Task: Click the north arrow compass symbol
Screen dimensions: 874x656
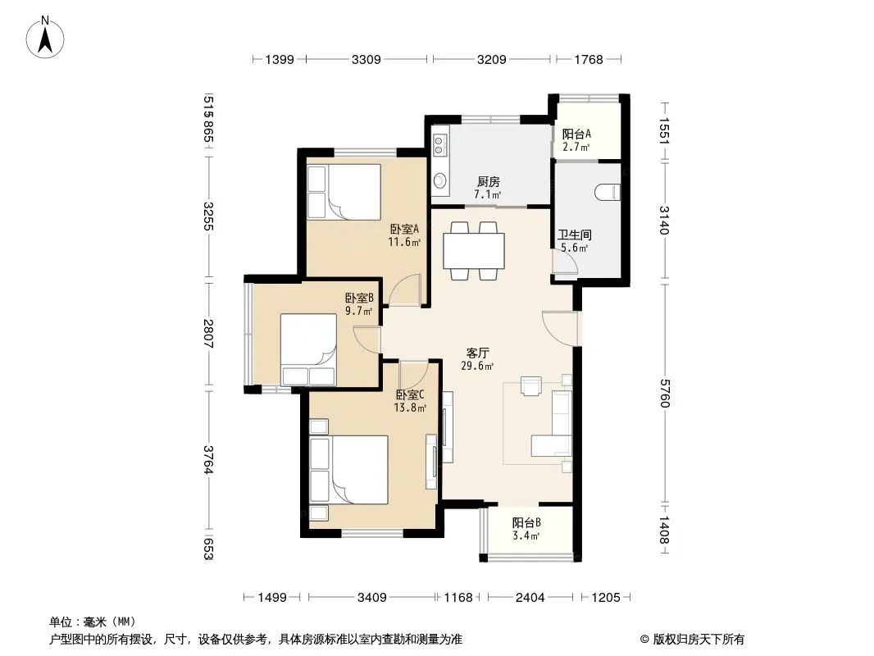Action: click(x=45, y=38)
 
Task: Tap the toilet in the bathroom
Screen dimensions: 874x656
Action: click(x=607, y=192)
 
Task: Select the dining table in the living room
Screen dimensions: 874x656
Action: click(x=474, y=252)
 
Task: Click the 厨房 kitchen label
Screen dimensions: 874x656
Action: click(x=489, y=182)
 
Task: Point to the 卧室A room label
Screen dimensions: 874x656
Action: click(x=404, y=229)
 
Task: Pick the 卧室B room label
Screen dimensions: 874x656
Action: click(x=359, y=298)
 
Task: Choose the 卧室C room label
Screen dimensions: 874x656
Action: click(x=410, y=394)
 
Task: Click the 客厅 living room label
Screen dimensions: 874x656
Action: click(x=478, y=353)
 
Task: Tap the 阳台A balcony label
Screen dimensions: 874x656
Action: click(x=576, y=134)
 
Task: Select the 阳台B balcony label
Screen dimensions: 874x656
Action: click(x=526, y=523)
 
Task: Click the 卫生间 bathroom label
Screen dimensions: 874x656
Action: click(x=574, y=235)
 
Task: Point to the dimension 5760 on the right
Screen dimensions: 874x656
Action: click(x=664, y=393)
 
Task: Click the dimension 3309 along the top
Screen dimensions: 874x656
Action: click(x=366, y=59)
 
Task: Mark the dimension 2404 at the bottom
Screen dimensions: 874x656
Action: click(x=530, y=598)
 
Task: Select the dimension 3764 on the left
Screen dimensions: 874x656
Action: click(x=208, y=460)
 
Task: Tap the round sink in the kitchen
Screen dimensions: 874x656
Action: click(x=440, y=180)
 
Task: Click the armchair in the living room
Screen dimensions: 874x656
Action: click(x=530, y=386)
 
